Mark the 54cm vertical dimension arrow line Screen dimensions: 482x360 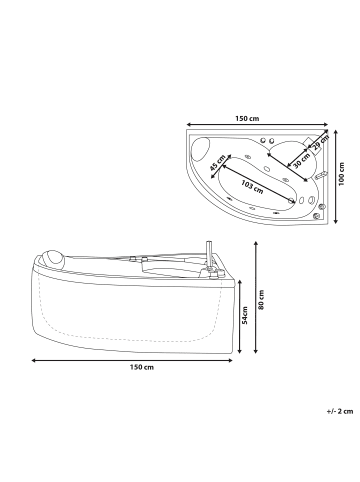(x=241, y=318)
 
